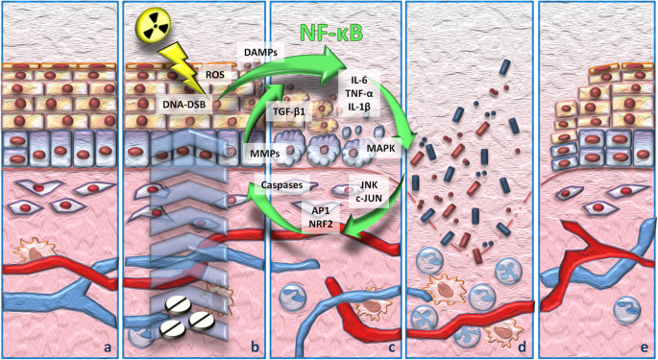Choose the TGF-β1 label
[288, 112]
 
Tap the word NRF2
[321, 224]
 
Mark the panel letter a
[108, 347]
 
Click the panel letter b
[256, 347]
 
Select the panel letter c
[392, 348]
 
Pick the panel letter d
[522, 347]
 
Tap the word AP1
[321, 212]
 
